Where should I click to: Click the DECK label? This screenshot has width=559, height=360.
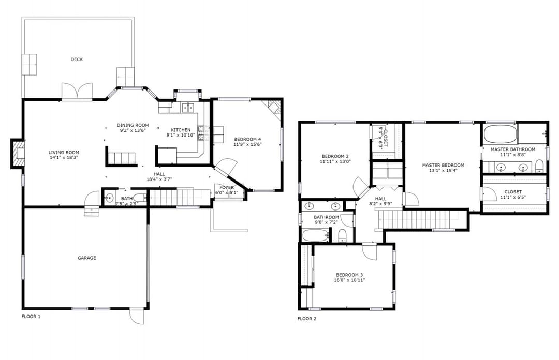(77, 59)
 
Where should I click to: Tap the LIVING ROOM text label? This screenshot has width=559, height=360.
(64, 153)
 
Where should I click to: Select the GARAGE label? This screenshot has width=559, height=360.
(87, 258)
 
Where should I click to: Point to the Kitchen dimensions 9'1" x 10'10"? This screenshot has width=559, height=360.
(181, 135)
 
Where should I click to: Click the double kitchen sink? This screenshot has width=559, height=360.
(188, 107)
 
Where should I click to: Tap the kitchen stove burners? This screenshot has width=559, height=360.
(201, 132)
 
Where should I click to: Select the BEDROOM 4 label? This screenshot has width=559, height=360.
(248, 139)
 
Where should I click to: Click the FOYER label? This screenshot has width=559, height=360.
(227, 187)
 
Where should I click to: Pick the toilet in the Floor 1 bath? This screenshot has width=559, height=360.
(140, 198)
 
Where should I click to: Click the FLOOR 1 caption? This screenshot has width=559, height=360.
(31, 317)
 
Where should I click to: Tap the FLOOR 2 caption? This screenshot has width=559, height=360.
(307, 319)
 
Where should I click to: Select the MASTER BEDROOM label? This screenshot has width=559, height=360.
(443, 166)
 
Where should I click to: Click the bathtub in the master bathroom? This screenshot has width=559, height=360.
(500, 133)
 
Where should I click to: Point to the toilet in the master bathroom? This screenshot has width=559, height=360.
(539, 166)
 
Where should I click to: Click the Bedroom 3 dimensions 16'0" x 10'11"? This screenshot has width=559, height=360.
(349, 280)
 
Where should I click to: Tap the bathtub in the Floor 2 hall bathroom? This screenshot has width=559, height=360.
(316, 235)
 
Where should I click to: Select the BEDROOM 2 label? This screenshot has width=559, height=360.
(335, 156)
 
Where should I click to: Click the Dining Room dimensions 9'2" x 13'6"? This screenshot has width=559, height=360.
(133, 130)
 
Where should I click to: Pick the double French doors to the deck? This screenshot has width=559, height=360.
(77, 91)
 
